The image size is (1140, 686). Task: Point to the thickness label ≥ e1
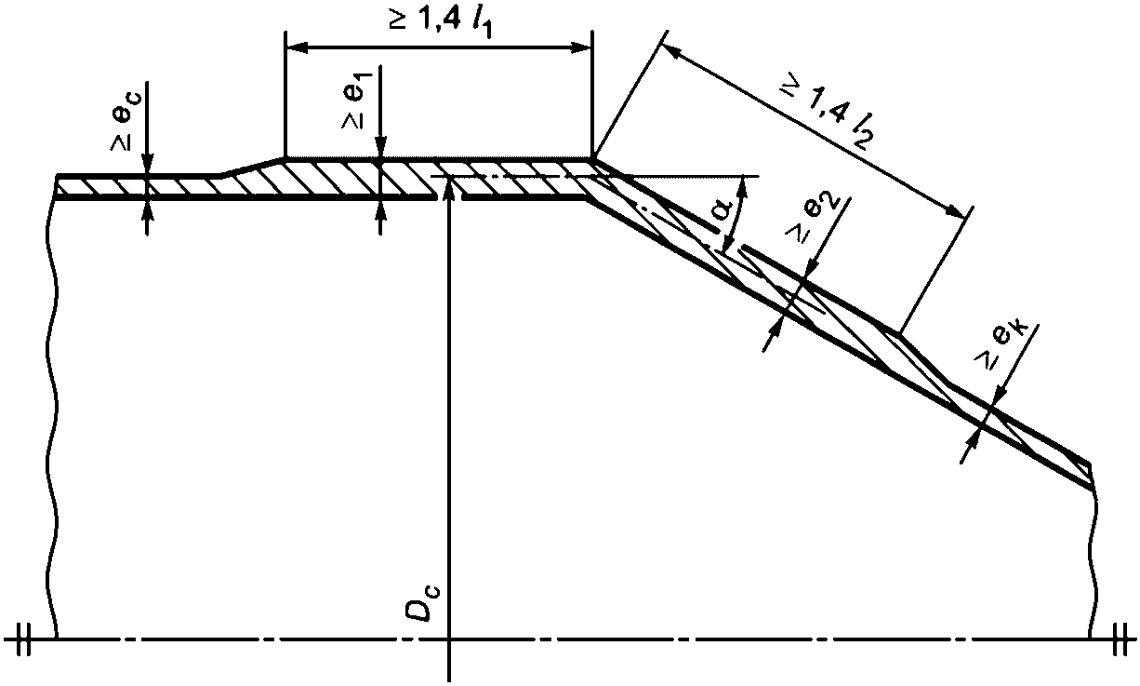point(357,100)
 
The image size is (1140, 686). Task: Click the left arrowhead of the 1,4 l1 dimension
point(297,47)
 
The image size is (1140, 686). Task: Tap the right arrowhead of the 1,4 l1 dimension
point(581,47)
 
